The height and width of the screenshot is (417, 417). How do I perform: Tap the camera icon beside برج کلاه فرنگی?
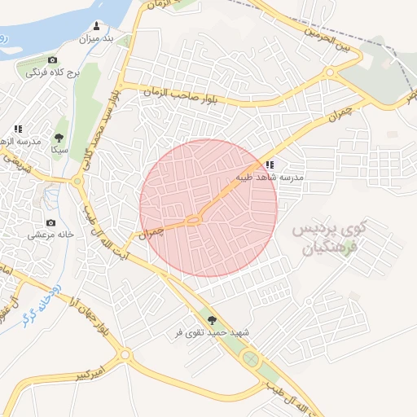pyautogui.click(x=53, y=60)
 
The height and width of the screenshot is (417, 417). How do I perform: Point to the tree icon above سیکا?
pyautogui.click(x=59, y=138)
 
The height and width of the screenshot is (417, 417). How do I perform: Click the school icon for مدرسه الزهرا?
pyautogui.click(x=18, y=129)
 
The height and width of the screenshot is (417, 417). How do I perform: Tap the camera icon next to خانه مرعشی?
pyautogui.click(x=50, y=222)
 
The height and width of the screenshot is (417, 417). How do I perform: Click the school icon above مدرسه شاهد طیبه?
pyautogui.click(x=270, y=165)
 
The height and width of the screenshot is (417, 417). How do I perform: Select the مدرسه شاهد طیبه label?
pyautogui.click(x=270, y=177)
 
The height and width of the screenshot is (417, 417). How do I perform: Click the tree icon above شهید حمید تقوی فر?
pyautogui.click(x=213, y=320)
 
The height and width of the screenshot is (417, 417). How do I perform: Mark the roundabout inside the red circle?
pyautogui.click(x=194, y=219)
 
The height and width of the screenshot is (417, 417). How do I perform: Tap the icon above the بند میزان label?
pyautogui.click(x=98, y=25)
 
